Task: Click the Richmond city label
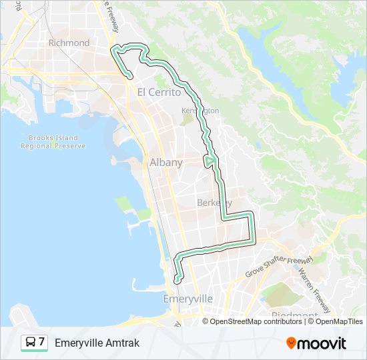point(69,43)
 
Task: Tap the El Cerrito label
point(159,93)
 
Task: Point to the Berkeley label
point(214,203)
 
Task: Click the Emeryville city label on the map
point(188,299)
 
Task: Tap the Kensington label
point(200,110)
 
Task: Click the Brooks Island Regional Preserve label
point(53,141)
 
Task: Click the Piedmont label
point(294,315)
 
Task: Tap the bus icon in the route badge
point(31,343)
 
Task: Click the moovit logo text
point(322,343)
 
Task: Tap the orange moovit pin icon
point(291,343)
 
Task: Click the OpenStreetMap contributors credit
point(255,321)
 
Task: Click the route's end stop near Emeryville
point(177,281)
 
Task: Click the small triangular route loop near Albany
point(210,161)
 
